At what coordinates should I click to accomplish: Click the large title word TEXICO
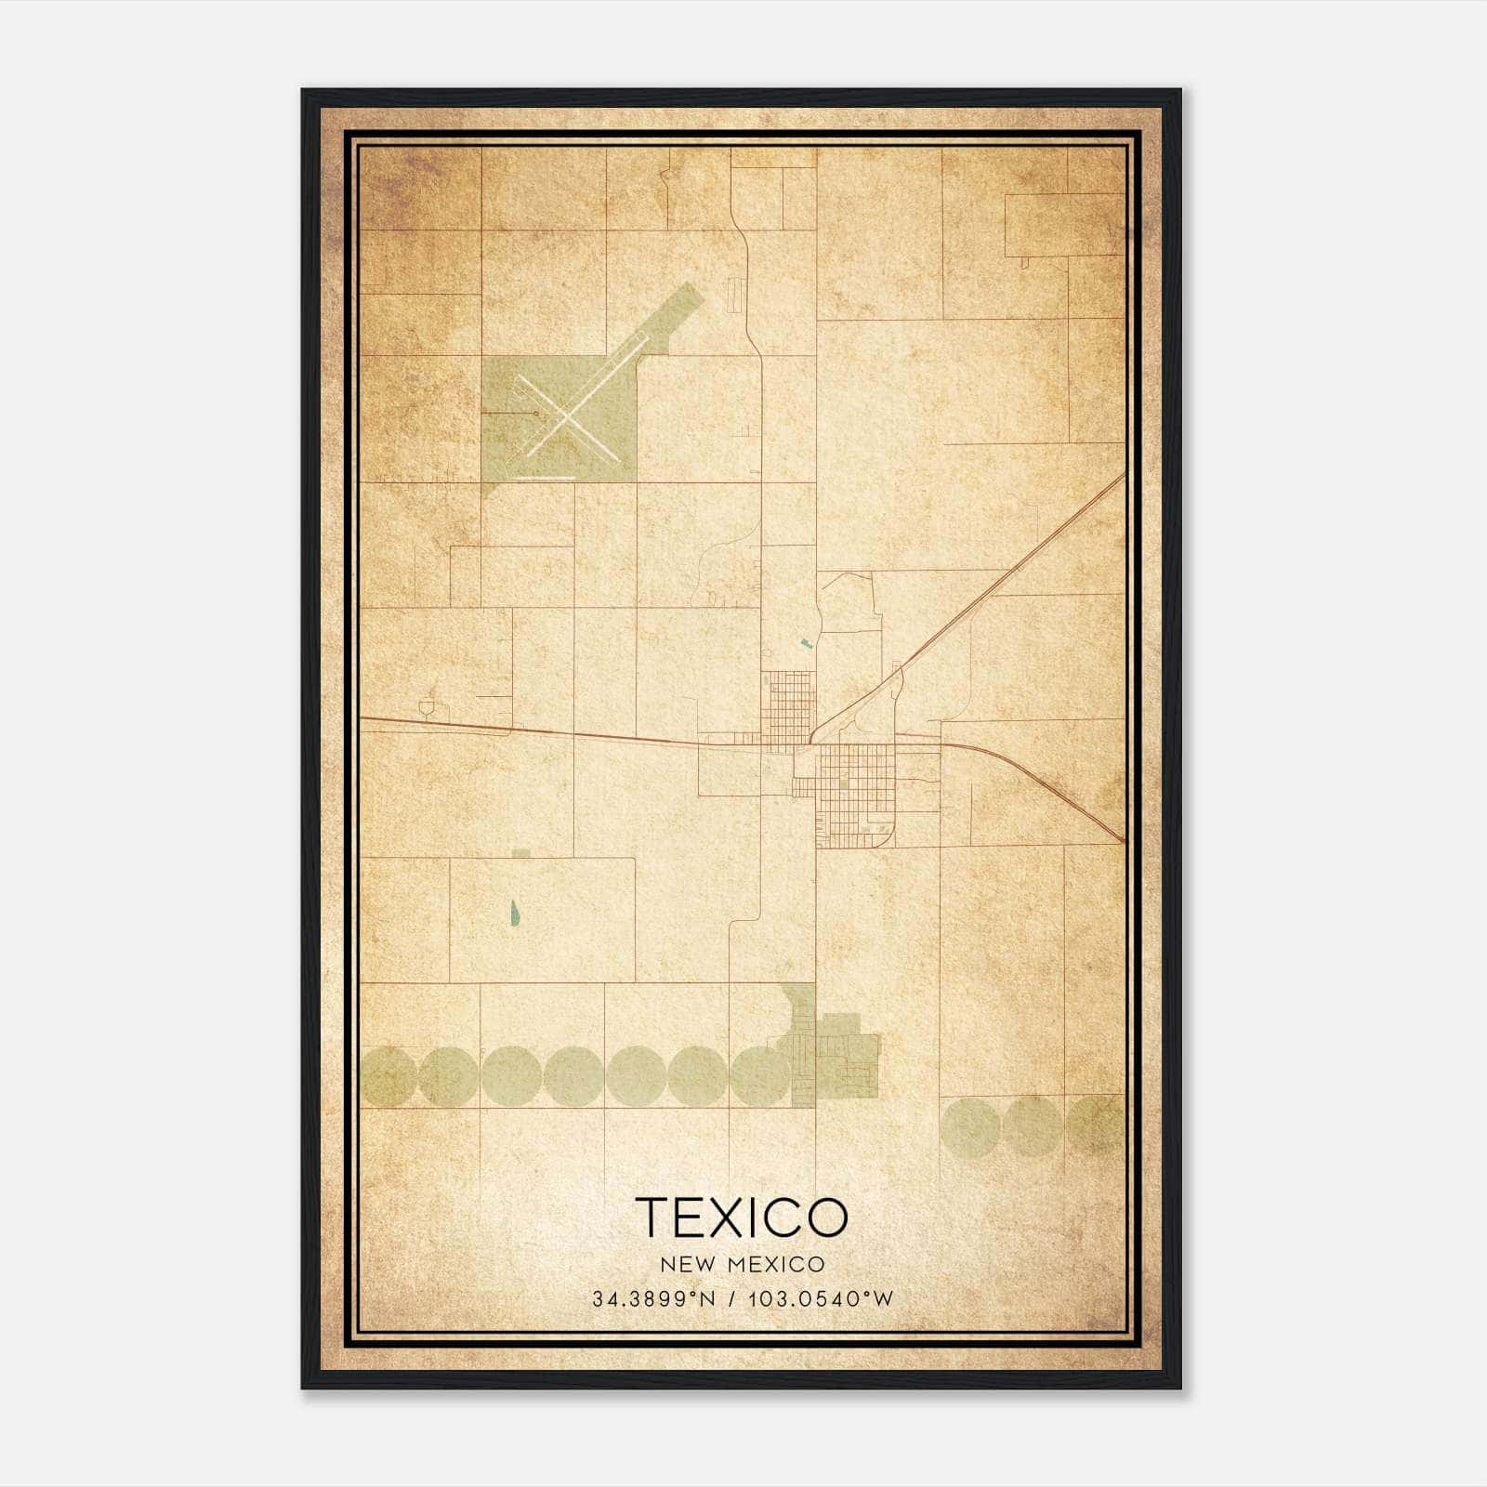742,1217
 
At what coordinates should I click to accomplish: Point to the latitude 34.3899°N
653,1299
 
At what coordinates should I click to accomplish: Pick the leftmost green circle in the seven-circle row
388,1076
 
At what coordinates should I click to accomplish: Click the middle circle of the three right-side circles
1031,1125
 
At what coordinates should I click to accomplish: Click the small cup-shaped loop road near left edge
428,709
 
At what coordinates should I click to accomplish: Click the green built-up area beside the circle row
841,1059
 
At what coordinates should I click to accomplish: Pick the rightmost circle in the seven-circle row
759,1076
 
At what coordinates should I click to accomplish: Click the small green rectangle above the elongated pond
521,852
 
